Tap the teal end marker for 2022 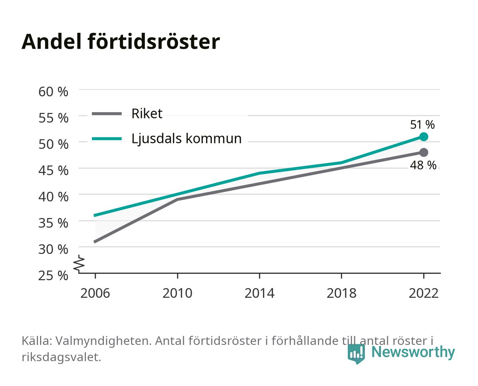[424, 137]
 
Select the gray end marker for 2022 [424, 152]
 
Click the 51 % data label [422, 125]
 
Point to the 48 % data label [423, 165]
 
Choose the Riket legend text [147, 113]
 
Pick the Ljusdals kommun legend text [186, 138]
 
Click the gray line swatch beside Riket [107, 114]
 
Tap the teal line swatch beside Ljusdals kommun [107, 139]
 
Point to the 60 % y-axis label [53, 92]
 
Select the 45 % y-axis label [53, 170]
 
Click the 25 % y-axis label [53, 276]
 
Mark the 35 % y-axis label [53, 223]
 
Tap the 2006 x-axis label [95, 293]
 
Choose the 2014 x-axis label [259, 293]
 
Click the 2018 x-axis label [341, 293]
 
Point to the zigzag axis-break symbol [79, 264]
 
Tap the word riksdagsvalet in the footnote [61, 357]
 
